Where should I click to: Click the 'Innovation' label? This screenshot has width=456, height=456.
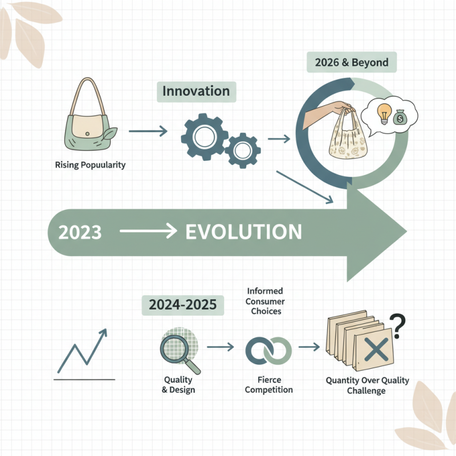pos(196,91)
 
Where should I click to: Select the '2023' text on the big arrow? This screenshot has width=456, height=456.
pos(80,233)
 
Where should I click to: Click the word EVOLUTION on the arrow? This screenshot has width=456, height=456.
pos(244,232)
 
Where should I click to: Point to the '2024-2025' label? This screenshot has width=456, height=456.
pos(182,306)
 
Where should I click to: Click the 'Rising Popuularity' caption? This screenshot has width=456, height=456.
pos(90,165)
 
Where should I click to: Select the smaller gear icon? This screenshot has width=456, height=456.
pos(242,149)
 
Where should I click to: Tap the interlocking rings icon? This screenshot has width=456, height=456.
pos(268,349)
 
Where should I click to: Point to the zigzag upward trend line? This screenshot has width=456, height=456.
pos(84,349)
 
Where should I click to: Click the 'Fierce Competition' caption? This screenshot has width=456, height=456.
pos(268,385)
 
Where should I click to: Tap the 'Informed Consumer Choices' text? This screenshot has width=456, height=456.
pos(266,301)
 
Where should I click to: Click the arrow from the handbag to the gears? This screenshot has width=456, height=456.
pos(148,132)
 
